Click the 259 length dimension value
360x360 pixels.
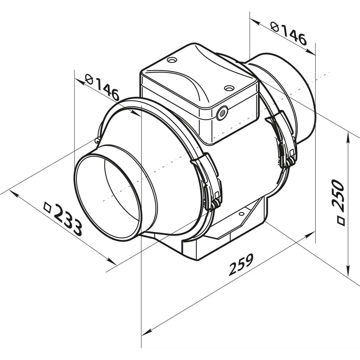coord(241,264)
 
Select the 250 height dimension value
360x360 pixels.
coord(338,193)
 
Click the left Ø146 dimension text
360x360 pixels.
coord(103,87)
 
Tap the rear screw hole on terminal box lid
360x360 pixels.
coord(172,60)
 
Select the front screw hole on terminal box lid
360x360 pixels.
coord(229,88)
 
